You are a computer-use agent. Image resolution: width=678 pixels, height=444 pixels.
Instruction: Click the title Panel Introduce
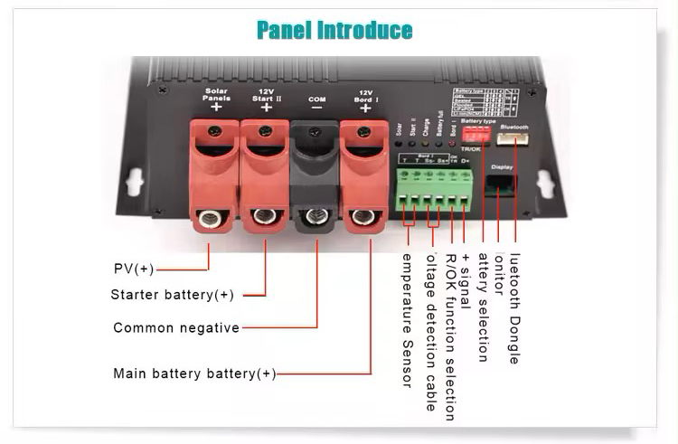[334, 30]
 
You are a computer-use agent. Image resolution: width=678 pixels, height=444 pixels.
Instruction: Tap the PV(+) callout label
[134, 269]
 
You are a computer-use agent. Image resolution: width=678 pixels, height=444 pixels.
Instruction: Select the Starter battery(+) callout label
[173, 295]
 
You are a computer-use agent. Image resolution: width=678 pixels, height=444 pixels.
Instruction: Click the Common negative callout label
[176, 327]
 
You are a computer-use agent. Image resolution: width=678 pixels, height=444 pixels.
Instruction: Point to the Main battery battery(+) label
[194, 373]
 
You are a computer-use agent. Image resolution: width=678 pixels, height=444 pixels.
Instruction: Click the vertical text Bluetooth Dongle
[514, 308]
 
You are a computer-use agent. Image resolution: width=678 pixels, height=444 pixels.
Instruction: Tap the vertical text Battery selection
[482, 307]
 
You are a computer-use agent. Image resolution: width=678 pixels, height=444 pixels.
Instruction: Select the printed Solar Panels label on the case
[216, 94]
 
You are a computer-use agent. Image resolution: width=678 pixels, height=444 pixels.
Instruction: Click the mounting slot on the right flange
[546, 184]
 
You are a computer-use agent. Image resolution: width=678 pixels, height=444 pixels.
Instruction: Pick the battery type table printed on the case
[486, 100]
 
